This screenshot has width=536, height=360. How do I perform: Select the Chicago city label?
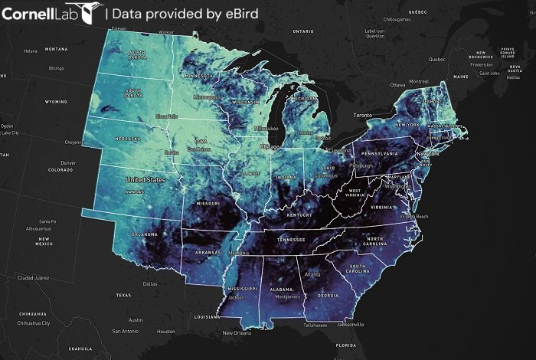click(x=270, y=146)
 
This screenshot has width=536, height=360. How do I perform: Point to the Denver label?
click(x=68, y=162)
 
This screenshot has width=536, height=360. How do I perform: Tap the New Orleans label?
click(x=237, y=332)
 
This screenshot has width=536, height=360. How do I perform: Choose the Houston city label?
click(x=166, y=331)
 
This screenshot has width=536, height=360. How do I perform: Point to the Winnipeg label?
click(x=166, y=32)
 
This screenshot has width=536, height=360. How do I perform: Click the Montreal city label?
click(x=419, y=81)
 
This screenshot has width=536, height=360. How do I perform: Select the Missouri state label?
click(x=208, y=205)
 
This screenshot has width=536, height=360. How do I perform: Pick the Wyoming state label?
click(x=56, y=101)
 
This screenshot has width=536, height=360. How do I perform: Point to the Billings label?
click(x=57, y=67)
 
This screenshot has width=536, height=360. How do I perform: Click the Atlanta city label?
click(x=312, y=273)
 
